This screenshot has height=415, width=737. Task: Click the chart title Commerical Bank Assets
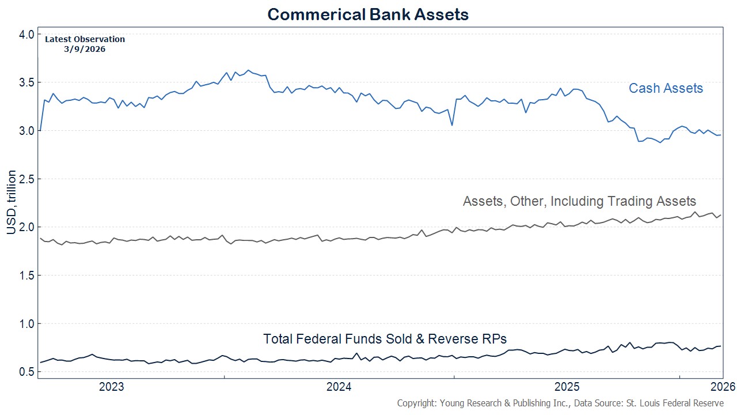point(368,14)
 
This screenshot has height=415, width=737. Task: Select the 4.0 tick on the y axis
point(26,34)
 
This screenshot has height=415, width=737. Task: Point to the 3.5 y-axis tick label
point(26,82)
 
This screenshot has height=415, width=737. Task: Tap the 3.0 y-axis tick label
point(26,131)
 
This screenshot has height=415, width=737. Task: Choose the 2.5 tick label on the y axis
point(26,179)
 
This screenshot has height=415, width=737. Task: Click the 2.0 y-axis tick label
point(26,227)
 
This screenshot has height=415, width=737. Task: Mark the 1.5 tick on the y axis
point(26,276)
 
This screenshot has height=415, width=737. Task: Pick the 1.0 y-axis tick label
point(26,323)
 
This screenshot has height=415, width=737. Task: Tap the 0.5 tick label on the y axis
point(26,372)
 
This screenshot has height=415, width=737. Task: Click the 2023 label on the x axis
point(112,386)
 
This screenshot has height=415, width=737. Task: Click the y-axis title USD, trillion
point(12,202)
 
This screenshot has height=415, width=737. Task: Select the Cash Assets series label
point(666,88)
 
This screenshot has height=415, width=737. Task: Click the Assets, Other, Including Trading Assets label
point(579,201)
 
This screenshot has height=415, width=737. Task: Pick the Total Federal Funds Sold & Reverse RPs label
point(385,339)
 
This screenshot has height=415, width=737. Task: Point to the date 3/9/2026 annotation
point(85,49)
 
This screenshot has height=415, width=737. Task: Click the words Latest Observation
point(85,39)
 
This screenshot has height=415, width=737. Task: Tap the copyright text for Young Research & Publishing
point(560,403)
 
